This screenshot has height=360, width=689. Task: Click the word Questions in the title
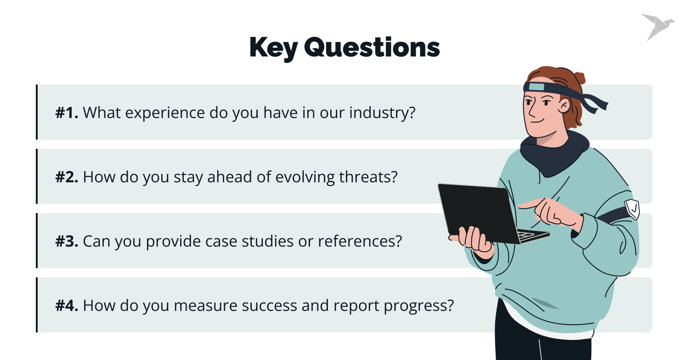[x=372, y=48]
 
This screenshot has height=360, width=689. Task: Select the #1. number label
[x=67, y=112]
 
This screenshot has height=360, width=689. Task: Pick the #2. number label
[x=67, y=177]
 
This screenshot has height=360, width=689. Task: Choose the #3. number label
[x=67, y=241]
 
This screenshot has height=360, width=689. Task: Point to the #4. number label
[x=67, y=305]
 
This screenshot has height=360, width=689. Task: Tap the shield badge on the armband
[x=632, y=209]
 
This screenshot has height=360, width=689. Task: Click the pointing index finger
[x=531, y=203]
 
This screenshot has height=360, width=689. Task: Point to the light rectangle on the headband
[x=536, y=87]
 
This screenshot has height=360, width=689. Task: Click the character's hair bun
[x=579, y=77]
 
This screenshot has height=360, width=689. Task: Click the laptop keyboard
[x=531, y=236]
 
